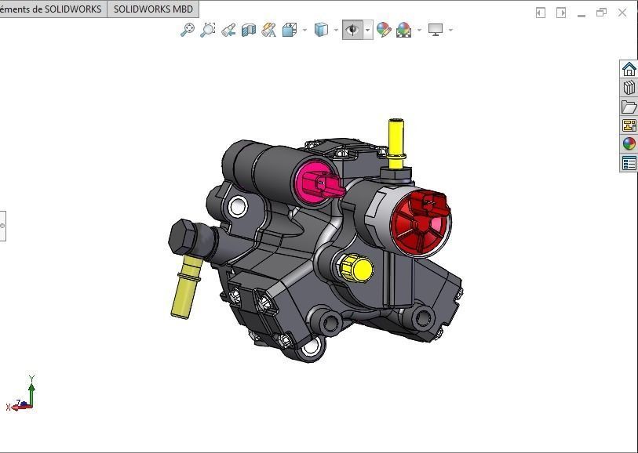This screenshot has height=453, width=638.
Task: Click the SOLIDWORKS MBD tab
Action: click(x=153, y=9)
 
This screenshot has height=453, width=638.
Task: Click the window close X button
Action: click(x=622, y=13)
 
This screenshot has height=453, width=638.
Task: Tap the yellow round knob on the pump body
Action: click(x=359, y=269)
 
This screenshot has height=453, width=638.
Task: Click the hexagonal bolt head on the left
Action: click(x=184, y=236)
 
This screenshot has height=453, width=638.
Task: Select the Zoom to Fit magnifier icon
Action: click(x=187, y=30)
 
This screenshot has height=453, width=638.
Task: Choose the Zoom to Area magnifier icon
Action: click(x=207, y=30)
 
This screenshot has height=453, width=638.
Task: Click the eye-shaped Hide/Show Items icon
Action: click(x=352, y=30)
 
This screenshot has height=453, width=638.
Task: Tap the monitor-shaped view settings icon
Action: click(x=436, y=30)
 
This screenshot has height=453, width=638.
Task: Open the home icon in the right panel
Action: click(x=629, y=69)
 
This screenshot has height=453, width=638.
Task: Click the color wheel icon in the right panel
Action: click(x=629, y=143)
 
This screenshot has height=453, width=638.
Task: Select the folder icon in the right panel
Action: click(x=629, y=107)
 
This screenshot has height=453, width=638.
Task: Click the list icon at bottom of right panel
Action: click(x=629, y=163)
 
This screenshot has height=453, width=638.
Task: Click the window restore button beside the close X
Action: click(x=602, y=13)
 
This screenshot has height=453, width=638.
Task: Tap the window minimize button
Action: click(x=581, y=13)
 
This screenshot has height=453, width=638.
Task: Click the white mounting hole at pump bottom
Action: click(x=312, y=346)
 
